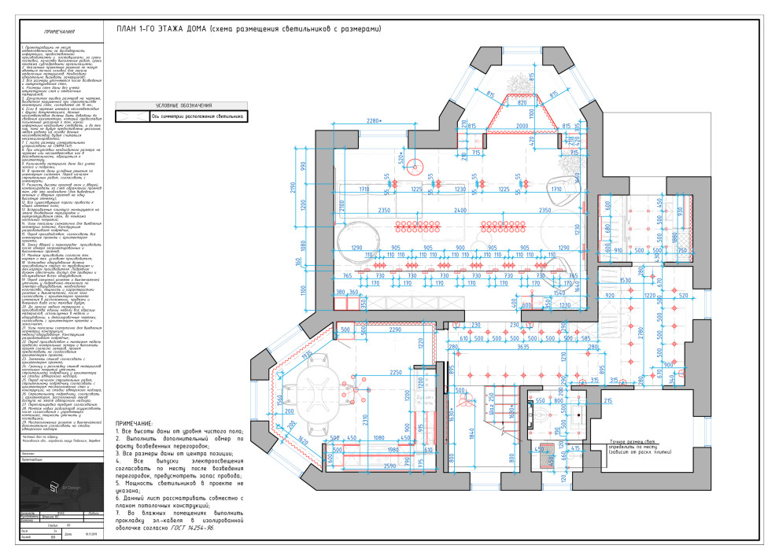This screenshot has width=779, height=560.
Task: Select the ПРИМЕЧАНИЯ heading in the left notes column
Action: [55, 31]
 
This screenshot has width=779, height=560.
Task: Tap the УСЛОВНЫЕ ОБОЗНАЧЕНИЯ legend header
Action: [183, 105]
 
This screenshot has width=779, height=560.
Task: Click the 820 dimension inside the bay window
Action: [521, 102]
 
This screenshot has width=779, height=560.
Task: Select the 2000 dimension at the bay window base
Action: [522, 126]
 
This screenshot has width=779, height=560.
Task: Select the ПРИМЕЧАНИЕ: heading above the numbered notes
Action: [130, 423]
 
